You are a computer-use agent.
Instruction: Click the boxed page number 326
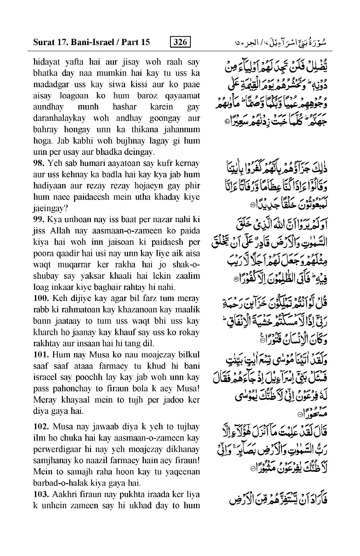[x=180, y=42]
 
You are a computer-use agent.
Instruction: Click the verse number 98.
[x=39, y=163]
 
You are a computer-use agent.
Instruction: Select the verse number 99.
[x=39, y=220]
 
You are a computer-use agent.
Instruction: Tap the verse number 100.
[x=41, y=299]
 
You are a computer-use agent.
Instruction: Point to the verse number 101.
[x=41, y=355]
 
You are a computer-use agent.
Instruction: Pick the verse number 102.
[x=41, y=427]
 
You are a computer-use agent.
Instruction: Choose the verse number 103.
[x=41, y=495]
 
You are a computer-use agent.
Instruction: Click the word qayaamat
[x=183, y=96]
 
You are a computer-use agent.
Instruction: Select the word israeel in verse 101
[x=47, y=377]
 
